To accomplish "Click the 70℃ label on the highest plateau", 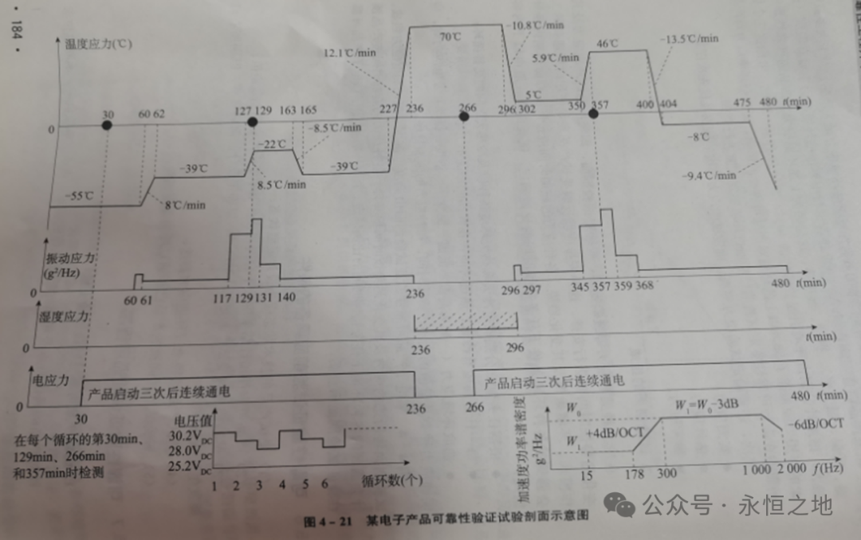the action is point(450,37).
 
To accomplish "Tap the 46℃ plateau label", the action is point(608,43).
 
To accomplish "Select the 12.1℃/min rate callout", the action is point(349,52).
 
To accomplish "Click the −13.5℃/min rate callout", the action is point(690,37).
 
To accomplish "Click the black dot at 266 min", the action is point(464,116).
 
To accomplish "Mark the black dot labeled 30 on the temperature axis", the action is point(107,126).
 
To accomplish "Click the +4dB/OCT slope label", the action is point(616,432).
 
